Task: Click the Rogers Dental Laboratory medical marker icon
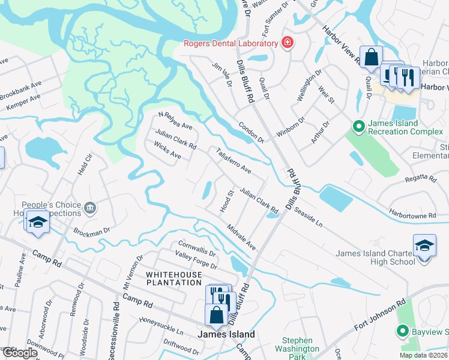point(288,43)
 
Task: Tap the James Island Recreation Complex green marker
point(358,126)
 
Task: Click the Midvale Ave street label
point(241,238)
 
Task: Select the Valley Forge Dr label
point(195,259)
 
